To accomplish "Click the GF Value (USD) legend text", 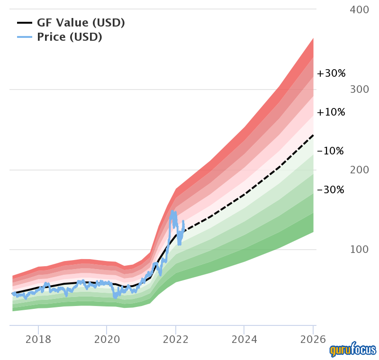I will (x=81, y=22).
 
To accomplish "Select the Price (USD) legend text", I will (x=69, y=37).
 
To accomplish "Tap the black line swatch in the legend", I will (x=25, y=22).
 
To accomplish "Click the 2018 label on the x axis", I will (x=38, y=339).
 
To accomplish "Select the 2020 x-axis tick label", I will (x=107, y=339).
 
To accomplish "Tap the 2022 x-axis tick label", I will (x=176, y=339).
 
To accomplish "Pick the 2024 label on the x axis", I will (x=244, y=339).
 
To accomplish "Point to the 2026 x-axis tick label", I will (x=313, y=339).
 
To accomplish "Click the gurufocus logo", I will (x=353, y=350).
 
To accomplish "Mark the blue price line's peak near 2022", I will (x=172, y=211).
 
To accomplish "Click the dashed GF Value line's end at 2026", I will (x=313, y=135).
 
